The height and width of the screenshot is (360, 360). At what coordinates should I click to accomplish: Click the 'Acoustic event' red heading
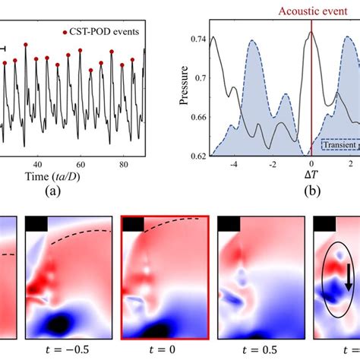(x=311, y=11)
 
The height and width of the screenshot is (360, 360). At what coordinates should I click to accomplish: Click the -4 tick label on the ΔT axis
(x=235, y=164)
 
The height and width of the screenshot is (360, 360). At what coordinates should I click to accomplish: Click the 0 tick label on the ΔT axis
(x=311, y=164)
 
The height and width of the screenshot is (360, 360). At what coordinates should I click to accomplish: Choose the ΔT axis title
(x=311, y=177)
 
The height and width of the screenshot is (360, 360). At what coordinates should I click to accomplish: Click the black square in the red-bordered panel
(x=133, y=223)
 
